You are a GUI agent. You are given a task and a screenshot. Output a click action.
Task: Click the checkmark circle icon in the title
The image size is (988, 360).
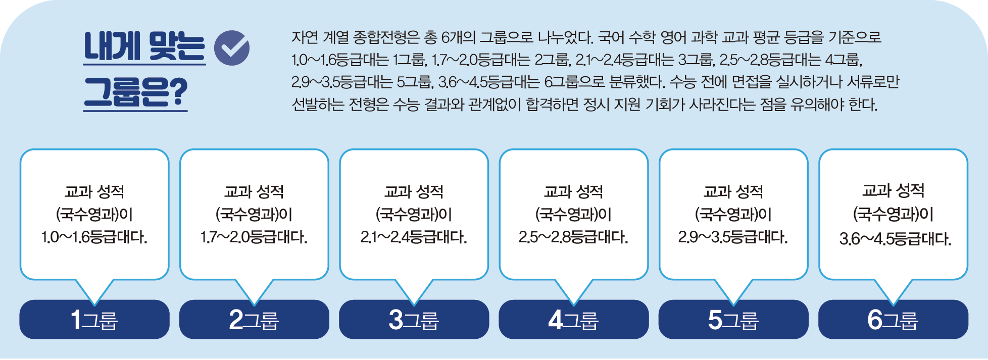click(232, 48)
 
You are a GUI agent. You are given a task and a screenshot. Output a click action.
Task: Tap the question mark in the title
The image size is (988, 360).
click(178, 92)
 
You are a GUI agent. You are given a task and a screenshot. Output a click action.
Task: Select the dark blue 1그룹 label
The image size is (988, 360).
click(94, 320)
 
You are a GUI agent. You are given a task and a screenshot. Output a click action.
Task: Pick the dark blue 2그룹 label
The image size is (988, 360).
click(254, 320)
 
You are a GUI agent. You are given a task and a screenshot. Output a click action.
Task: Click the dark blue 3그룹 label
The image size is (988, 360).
click(414, 320)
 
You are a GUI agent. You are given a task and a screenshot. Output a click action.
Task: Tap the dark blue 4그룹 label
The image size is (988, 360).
click(573, 320)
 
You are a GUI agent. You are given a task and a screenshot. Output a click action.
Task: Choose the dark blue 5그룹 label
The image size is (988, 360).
click(733, 320)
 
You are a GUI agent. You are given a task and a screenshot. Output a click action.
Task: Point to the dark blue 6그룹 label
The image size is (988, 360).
click(893, 320)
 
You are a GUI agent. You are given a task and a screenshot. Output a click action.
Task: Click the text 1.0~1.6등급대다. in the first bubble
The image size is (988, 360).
click(94, 237)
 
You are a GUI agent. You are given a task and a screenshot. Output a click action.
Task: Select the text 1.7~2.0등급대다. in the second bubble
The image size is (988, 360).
click(254, 237)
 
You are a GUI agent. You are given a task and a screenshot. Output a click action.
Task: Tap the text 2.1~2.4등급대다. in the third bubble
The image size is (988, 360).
click(414, 237)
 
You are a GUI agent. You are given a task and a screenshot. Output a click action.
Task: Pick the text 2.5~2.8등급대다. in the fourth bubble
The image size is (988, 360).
click(573, 237)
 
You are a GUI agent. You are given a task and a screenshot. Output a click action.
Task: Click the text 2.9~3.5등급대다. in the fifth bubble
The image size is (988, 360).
click(733, 237)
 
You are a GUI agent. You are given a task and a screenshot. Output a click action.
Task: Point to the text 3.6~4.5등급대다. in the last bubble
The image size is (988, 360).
click(895, 238)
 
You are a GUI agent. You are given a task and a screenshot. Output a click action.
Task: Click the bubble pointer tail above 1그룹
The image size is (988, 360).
click(94, 290)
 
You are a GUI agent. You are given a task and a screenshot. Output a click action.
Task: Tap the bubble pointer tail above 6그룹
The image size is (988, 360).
click(893, 290)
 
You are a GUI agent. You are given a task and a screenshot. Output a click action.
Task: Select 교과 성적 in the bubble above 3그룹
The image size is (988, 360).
click(414, 191)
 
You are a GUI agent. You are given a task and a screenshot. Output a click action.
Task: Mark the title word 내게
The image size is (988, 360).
click(112, 46)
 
